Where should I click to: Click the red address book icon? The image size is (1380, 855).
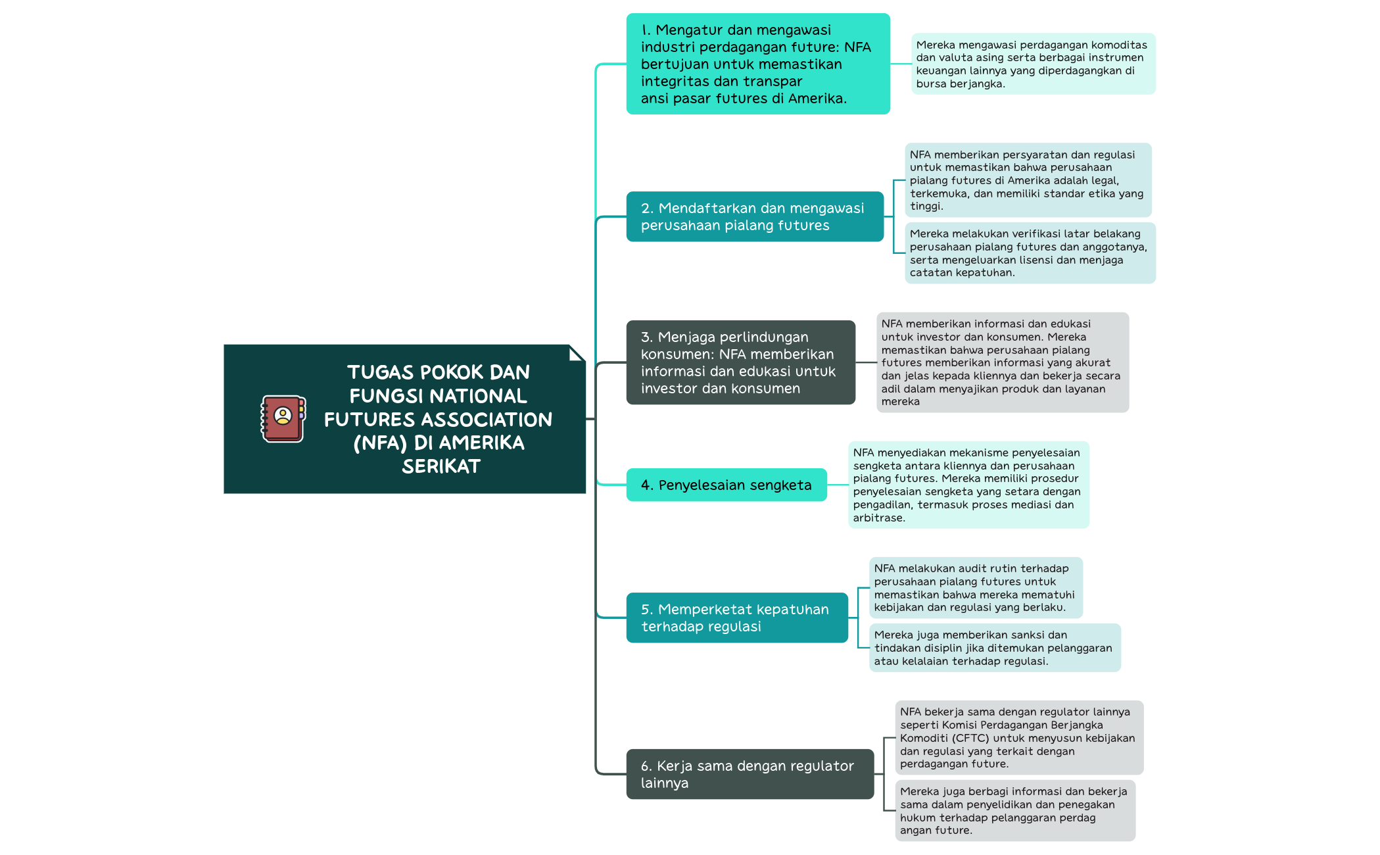(x=283, y=418)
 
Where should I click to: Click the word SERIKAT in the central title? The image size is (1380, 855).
(x=441, y=466)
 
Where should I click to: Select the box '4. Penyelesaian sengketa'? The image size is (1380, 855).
(x=726, y=485)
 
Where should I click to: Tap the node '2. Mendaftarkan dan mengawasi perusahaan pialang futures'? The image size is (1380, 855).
(x=755, y=216)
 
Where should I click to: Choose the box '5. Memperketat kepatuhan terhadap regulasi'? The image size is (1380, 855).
(x=737, y=618)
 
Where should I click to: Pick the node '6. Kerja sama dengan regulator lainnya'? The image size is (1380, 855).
(x=750, y=774)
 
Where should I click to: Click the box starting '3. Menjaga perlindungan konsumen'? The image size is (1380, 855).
(x=741, y=362)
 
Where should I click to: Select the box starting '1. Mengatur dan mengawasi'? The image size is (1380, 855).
(x=758, y=64)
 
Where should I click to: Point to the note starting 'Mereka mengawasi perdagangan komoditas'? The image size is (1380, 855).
(x=1033, y=64)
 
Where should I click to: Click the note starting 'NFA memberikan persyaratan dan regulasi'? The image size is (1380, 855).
(x=1028, y=180)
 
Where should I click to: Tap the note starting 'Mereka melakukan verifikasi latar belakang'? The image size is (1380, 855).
(x=1030, y=253)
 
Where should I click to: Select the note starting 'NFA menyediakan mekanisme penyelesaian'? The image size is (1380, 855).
(x=968, y=485)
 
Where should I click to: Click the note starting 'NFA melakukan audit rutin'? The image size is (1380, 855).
(x=976, y=588)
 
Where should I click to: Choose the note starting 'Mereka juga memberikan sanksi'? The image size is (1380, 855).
(x=995, y=648)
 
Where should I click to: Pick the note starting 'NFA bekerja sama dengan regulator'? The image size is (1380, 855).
(x=1019, y=737)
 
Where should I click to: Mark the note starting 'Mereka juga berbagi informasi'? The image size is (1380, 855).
(x=1015, y=811)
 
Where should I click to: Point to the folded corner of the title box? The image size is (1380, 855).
(x=577, y=353)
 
